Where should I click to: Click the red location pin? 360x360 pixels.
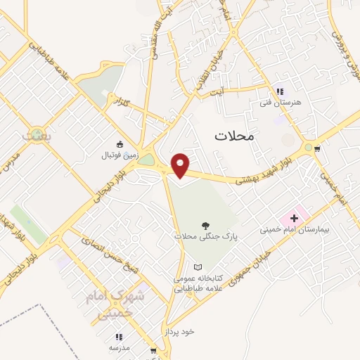tap(181, 165)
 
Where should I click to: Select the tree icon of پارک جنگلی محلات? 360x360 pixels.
tap(205, 226)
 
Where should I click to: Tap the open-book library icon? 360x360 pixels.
tap(198, 267)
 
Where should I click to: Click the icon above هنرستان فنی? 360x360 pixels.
tap(280, 91)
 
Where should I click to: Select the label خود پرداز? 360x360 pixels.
tap(180, 330)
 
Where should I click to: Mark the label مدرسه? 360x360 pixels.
tap(119, 347)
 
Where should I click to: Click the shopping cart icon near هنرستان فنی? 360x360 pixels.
tap(319, 148)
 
